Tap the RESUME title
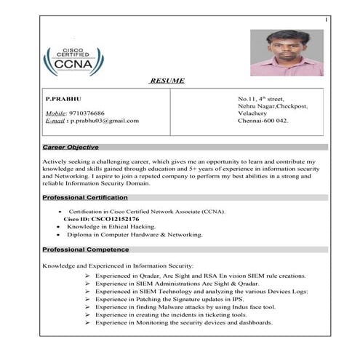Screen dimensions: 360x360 click(x=167, y=81)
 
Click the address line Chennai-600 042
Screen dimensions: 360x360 click(x=263, y=121)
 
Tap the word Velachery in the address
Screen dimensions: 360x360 click(x=253, y=113)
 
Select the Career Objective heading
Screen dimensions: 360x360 click(x=71, y=147)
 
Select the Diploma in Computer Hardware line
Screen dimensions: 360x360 click(x=135, y=235)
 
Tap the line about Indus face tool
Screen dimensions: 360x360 click(x=185, y=307)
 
